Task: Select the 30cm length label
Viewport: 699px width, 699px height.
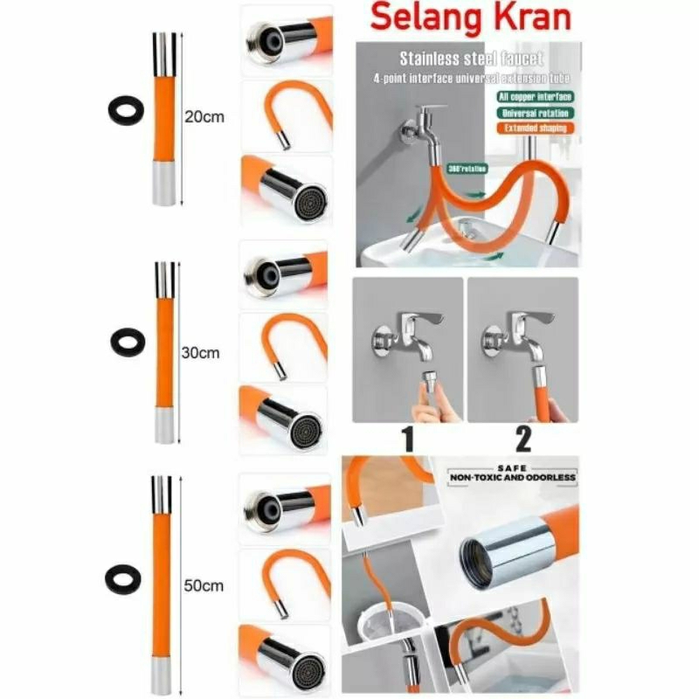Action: coord(202,353)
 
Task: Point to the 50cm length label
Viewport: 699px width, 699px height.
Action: coord(203,585)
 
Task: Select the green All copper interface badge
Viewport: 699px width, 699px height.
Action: coord(535,96)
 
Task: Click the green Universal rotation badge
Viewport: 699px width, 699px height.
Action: coord(535,112)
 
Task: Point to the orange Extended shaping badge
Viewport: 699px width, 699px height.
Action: coord(535,128)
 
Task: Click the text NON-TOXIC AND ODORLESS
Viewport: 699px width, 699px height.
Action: coord(512,478)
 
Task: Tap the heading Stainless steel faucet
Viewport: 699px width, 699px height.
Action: coord(471,59)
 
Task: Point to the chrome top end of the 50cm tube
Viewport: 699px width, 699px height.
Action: coord(161,493)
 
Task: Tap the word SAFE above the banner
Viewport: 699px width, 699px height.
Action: coord(512,467)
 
